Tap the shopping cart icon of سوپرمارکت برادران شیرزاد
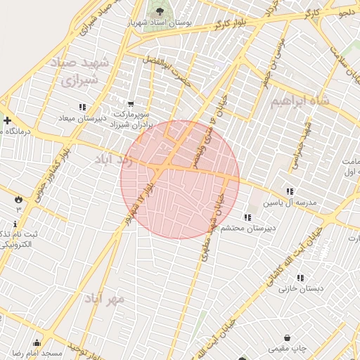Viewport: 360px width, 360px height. pos(131,103)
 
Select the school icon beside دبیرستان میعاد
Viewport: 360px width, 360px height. pos(83,107)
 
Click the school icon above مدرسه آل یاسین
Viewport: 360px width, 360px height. pos(290,191)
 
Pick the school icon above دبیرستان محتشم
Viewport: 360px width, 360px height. pos(247,217)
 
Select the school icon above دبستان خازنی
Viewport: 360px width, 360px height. pos(301,278)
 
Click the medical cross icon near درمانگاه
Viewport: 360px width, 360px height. pos(7,120)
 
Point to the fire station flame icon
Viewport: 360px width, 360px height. pos(18,200)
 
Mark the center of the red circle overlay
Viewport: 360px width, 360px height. pos(180,179)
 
